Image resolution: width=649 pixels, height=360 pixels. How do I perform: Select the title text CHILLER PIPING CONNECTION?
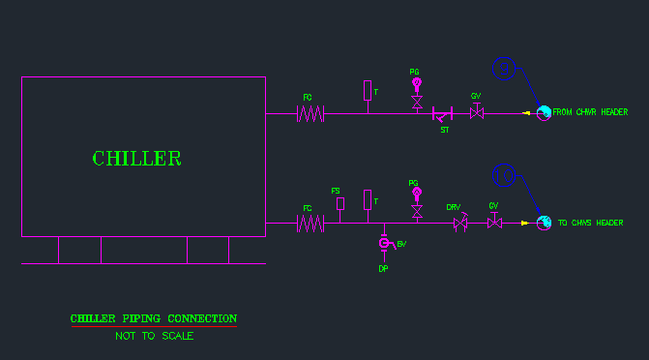(153, 318)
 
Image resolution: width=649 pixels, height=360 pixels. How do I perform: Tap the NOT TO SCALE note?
(154, 336)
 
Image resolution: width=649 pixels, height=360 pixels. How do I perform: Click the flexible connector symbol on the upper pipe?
(310, 113)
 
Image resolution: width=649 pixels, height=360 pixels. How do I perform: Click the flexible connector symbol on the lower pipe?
(310, 224)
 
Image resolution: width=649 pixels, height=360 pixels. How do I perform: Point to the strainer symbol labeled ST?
(443, 114)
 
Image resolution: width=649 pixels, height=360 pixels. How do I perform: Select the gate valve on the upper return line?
(476, 113)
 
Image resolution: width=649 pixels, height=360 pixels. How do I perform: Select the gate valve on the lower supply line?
(494, 224)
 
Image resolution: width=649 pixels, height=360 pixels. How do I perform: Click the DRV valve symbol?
(460, 224)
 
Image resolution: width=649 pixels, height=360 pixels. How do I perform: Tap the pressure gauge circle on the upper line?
(417, 83)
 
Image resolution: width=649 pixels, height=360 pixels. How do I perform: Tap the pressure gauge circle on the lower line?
(417, 194)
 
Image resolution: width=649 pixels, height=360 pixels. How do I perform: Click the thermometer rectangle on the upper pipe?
(368, 90)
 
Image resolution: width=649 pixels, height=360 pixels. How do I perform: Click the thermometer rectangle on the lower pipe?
(368, 199)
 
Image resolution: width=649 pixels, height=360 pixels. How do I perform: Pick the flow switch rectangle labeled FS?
(339, 203)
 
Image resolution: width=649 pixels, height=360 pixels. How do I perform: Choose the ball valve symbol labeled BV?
(383, 243)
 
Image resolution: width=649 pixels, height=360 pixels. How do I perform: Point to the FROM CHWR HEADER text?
(590, 112)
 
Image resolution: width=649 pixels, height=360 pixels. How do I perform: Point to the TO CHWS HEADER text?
(590, 224)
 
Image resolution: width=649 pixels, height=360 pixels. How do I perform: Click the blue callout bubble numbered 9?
(503, 68)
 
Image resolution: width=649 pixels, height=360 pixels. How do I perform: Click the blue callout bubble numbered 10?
(504, 175)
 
